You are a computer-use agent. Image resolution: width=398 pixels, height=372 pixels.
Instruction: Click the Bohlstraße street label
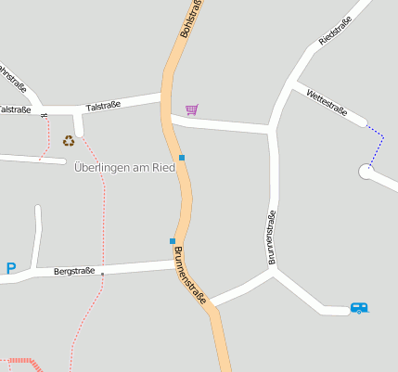(190, 19)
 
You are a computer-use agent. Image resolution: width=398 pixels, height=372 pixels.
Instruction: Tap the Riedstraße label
(335, 32)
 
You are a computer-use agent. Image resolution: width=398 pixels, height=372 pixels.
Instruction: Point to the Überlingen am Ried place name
(124, 168)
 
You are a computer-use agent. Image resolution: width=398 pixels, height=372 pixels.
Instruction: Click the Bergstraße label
(74, 272)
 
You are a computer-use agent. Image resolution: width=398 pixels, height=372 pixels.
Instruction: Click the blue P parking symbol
(11, 269)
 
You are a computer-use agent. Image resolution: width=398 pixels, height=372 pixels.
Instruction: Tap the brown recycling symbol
(69, 141)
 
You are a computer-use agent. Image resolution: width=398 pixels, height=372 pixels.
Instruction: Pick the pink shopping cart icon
(191, 109)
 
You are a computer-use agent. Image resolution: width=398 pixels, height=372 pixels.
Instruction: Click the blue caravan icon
(359, 307)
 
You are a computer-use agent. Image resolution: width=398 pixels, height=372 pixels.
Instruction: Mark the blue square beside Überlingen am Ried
(182, 158)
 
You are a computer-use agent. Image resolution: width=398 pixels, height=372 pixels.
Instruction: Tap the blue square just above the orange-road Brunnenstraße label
(173, 241)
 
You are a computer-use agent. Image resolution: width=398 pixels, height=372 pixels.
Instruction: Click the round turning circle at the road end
(366, 172)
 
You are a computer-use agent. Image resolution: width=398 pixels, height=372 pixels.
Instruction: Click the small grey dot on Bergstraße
(102, 274)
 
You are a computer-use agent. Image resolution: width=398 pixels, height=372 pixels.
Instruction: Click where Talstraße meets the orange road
(165, 96)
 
